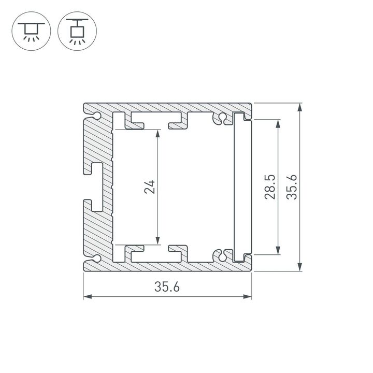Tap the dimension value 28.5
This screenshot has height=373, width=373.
coord(269,187)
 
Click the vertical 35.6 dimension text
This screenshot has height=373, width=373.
coord(293,187)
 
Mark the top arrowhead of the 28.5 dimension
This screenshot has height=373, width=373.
coord(279,123)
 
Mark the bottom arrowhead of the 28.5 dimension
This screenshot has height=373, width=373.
coord(279,251)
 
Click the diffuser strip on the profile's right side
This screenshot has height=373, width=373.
coord(241,187)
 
